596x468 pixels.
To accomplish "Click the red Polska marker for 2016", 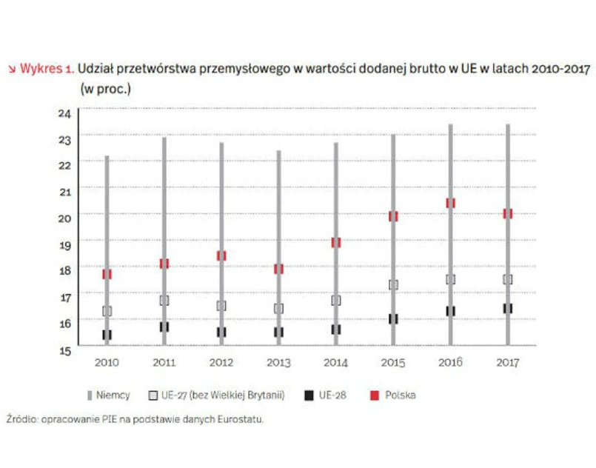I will click(x=450, y=203).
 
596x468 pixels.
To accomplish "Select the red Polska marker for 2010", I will click(x=107, y=274).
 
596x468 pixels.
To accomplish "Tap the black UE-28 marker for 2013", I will click(x=278, y=332).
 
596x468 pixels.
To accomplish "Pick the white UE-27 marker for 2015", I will click(x=393, y=284).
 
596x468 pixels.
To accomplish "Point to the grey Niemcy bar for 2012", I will click(x=221, y=244).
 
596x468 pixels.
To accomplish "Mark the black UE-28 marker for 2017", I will click(x=507, y=308).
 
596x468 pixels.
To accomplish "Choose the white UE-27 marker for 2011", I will click(x=164, y=301).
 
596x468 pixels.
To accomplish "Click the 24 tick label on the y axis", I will click(x=64, y=113).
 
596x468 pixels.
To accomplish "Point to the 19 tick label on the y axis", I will click(x=64, y=244).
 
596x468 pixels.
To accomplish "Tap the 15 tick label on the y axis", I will click(x=64, y=349).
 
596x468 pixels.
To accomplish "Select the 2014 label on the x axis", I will click(x=335, y=363).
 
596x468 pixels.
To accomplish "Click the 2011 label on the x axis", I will click(x=164, y=363).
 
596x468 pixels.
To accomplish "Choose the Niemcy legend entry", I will click(x=108, y=395).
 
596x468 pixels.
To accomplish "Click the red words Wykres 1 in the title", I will click(x=46, y=69).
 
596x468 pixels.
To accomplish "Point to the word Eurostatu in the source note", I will click(x=241, y=419).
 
